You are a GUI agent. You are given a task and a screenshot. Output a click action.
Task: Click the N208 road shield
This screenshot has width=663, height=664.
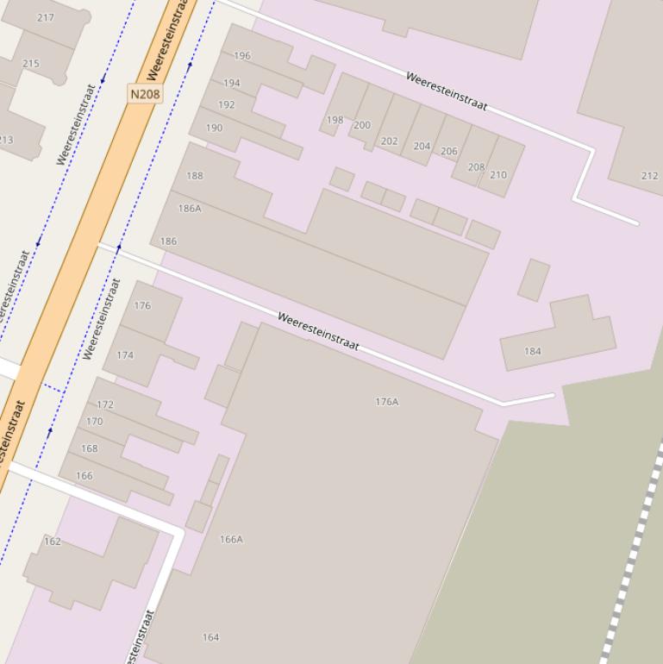[x=144, y=94]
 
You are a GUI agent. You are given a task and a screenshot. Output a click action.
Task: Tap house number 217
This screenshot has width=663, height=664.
[x=46, y=17]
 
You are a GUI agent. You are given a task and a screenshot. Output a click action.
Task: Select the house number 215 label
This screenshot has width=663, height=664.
[x=31, y=64]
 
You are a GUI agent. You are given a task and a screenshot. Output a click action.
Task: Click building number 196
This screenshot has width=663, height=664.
[x=242, y=56]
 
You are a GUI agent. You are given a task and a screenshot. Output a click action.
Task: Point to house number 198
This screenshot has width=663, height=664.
[x=335, y=120]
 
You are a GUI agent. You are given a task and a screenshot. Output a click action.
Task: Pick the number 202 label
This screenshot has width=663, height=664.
[x=390, y=141]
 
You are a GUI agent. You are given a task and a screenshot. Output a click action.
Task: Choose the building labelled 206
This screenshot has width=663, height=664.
[x=449, y=151]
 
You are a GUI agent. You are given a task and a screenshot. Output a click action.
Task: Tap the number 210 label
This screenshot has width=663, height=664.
[x=498, y=175]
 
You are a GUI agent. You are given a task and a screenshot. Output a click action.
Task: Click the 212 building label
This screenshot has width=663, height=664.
[x=650, y=176]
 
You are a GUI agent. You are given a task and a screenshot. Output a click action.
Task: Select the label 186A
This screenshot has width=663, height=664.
[x=190, y=209]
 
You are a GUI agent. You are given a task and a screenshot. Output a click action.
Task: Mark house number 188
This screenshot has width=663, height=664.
[x=195, y=176]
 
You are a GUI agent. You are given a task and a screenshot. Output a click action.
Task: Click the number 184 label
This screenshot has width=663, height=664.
[x=533, y=351]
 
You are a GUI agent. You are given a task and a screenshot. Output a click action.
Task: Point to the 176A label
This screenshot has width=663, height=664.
[x=387, y=402]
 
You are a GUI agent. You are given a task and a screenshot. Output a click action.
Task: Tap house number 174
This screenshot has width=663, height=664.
[x=125, y=355]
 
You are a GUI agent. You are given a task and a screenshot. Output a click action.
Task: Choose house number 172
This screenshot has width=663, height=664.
[x=105, y=404]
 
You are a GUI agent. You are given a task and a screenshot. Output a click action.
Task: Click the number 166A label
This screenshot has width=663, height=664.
[x=231, y=540]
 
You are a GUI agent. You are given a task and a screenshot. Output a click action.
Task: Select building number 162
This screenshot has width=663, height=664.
[x=53, y=542]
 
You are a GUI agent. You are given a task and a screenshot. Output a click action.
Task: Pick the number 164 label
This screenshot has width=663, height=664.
[x=210, y=637]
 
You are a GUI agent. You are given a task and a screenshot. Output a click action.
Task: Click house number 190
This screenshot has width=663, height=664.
[x=214, y=128]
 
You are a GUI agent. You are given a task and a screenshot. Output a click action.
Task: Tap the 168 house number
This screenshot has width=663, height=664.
[x=90, y=448]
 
